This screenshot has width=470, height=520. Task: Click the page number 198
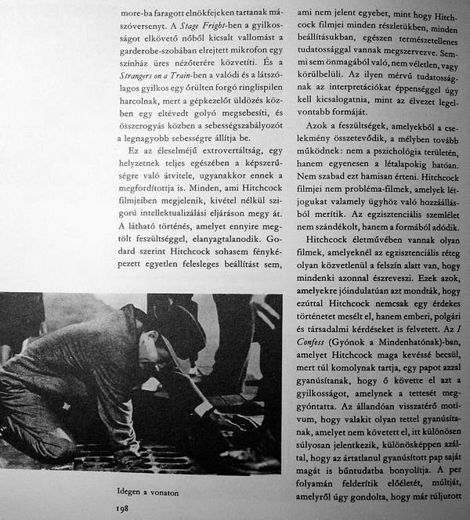pyautogui.click(x=121, y=507)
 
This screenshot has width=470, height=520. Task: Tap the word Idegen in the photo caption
pyautogui.click(x=128, y=493)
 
